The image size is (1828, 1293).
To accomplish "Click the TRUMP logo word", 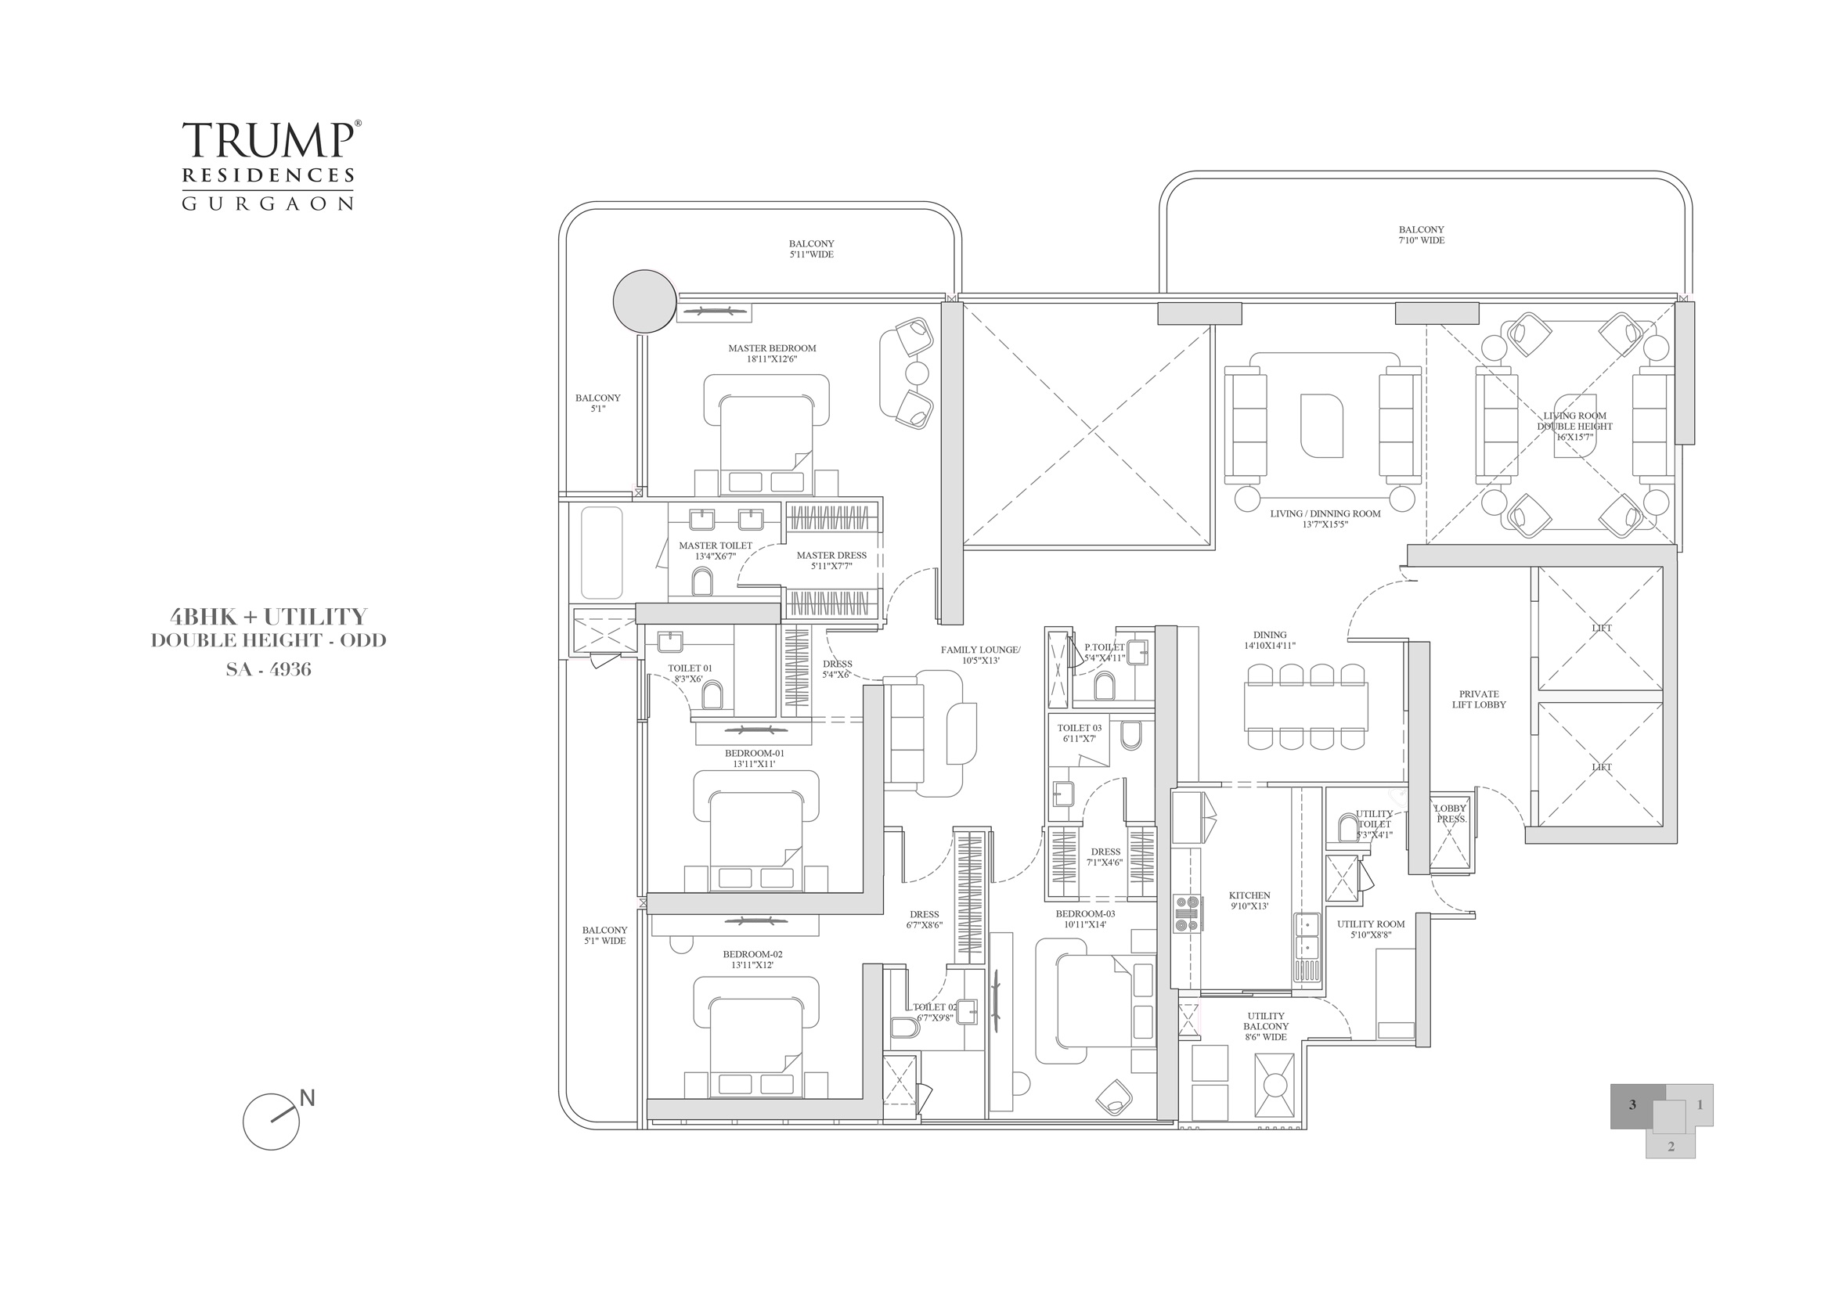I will coord(268,140).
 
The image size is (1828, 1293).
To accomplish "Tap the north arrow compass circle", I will coord(272,1121).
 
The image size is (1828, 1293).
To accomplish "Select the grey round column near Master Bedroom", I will coord(645,301).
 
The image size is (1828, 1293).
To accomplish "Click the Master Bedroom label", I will coord(771,353).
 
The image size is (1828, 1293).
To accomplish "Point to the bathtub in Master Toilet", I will coord(601,553).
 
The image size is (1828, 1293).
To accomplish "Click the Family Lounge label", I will coord(980,654).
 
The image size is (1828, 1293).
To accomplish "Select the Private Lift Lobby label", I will coord(1479,699).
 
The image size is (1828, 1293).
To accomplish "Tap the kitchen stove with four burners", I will coord(1188,913).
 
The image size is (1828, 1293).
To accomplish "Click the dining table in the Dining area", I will coord(1306,706).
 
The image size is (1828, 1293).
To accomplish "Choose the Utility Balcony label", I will coord(1266,1026).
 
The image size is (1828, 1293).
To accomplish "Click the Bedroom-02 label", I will coord(752,959).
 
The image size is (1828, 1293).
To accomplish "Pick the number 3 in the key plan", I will coord(1632,1105).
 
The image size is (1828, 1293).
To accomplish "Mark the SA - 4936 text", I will coord(269,670).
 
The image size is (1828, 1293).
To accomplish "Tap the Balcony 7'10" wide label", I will coord(1421,235).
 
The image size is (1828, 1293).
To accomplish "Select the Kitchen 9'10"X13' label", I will coord(1249,900).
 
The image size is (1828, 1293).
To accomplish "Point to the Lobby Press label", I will coord(1450,813).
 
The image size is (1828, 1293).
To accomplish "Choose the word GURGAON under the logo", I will coord(268,203).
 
